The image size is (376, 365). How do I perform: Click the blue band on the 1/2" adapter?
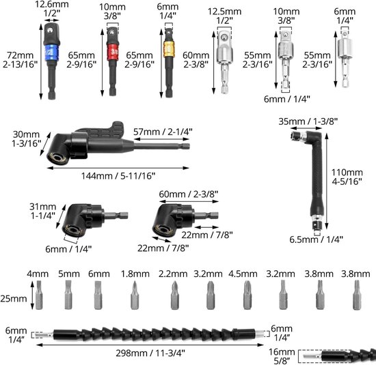51,52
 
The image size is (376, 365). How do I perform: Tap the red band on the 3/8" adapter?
113,50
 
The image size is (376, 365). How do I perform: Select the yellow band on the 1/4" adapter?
169,49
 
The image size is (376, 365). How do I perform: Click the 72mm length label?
20,55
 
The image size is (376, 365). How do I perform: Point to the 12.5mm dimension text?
224,11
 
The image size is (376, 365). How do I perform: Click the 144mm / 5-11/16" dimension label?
118,176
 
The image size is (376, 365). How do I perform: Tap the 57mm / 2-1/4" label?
163,132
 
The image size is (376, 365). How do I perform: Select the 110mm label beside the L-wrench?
347,173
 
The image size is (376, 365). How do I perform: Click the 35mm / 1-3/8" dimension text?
308,121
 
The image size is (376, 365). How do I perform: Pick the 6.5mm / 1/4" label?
316,239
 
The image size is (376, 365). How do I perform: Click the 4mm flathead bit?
39,295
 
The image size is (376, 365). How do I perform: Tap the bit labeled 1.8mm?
135,295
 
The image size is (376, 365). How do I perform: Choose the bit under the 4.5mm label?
247,295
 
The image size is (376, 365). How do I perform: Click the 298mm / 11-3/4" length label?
150,353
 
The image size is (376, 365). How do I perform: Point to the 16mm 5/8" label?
282,356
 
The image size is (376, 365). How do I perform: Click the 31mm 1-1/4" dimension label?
42,211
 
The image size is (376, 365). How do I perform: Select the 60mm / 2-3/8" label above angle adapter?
189,194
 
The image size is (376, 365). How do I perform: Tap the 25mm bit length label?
14,298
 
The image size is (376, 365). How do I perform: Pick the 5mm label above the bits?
69,274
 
